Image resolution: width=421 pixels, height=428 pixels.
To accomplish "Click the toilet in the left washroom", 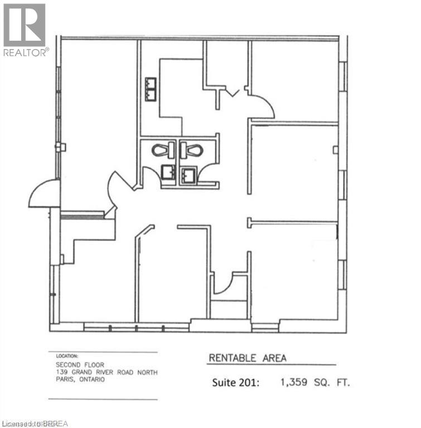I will [160, 150].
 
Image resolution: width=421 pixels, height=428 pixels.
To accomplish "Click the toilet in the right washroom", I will [193, 150].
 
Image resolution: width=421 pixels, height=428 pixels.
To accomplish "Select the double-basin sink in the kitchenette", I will [151, 89].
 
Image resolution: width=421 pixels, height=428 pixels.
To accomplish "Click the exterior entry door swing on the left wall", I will [45, 194].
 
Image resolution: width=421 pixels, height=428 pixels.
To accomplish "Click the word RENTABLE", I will [233, 358].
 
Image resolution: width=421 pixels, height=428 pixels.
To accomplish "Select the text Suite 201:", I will [236, 383].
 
